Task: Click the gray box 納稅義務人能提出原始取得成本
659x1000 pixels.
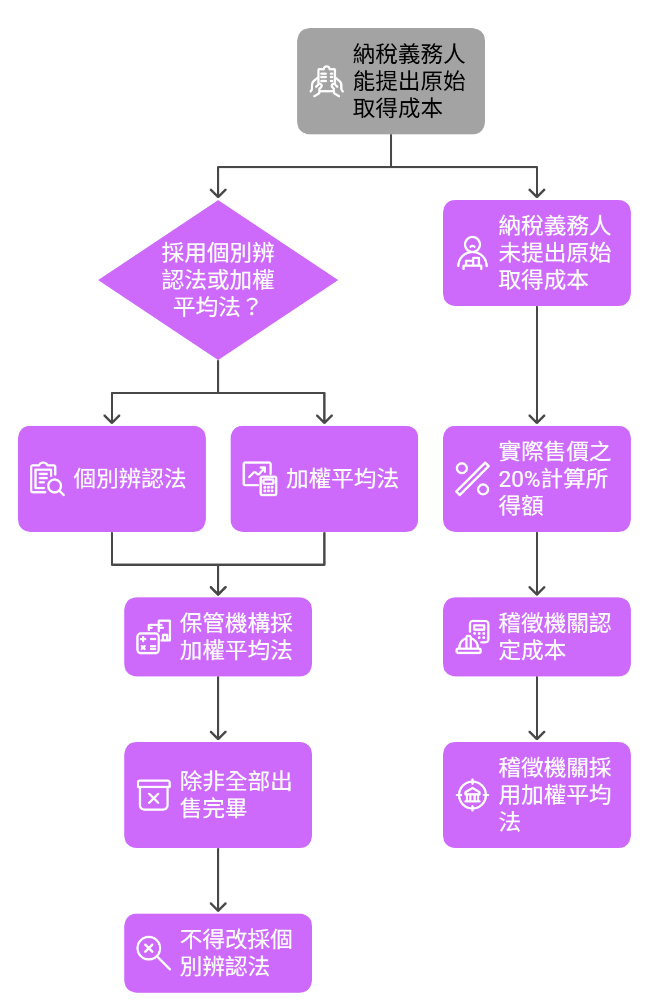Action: click(391, 81)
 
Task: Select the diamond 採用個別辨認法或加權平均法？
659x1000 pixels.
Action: click(218, 280)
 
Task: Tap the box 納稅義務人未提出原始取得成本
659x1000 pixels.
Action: click(536, 253)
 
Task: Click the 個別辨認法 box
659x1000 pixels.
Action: click(112, 479)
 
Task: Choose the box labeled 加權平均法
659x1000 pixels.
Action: click(324, 479)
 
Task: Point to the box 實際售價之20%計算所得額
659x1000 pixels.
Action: click(536, 479)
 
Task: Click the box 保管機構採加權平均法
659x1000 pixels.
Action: click(218, 637)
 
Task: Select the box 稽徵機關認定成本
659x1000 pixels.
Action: click(536, 637)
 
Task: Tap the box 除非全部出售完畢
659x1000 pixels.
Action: click(218, 795)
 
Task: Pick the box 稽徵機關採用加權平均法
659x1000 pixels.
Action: click(536, 795)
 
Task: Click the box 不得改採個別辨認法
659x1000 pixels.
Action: click(218, 953)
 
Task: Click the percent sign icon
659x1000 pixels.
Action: click(472, 479)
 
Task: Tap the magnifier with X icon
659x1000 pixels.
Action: click(153, 953)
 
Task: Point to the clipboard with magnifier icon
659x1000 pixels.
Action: click(47, 479)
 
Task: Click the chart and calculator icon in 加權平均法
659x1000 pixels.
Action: click(260, 479)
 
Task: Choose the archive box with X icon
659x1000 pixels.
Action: click(154, 795)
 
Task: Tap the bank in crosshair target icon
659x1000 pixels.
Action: click(472, 795)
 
